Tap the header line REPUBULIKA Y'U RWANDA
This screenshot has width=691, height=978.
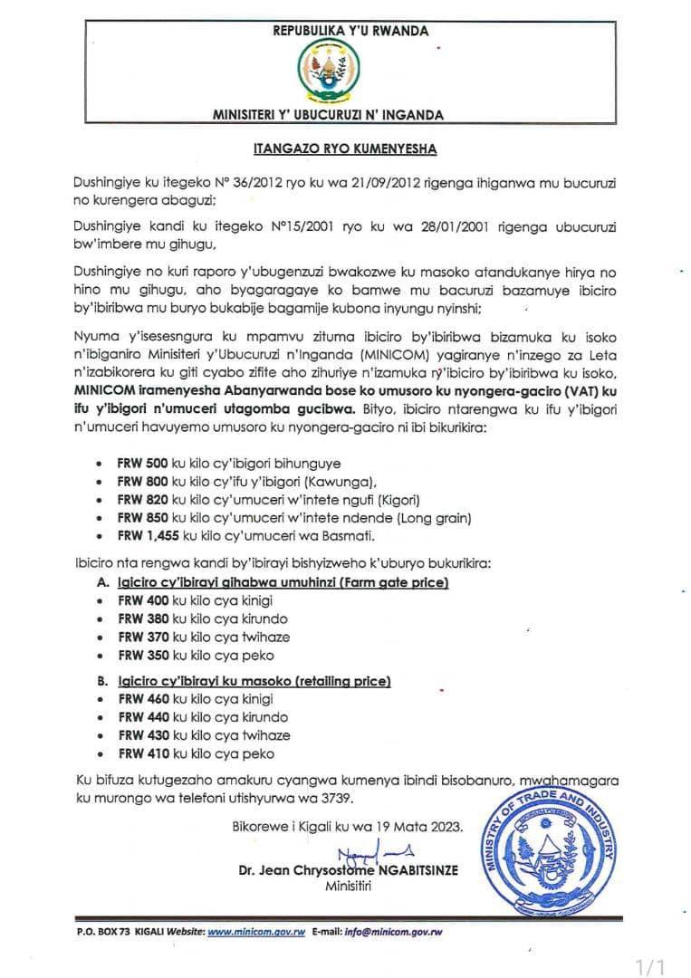pos(350,31)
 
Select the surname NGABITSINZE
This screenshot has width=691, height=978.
pos(413,870)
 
